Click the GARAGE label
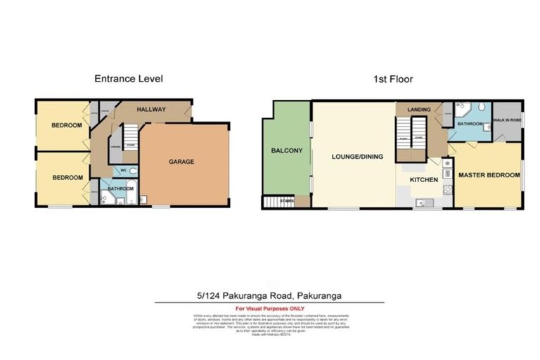pyautogui.click(x=181, y=162)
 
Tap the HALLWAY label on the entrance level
pyautogui.click(x=151, y=110)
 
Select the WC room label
pyautogui.click(x=123, y=170)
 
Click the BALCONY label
pyautogui.click(x=286, y=150)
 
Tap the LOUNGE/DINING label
pyautogui.click(x=357, y=157)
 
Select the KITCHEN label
pyautogui.click(x=425, y=180)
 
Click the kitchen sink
pyautogui.click(x=421, y=202)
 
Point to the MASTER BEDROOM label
pyautogui.click(x=489, y=174)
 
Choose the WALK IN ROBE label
pyautogui.click(x=506, y=120)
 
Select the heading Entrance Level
pyautogui.click(x=129, y=79)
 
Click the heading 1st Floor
pyautogui.click(x=390, y=79)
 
